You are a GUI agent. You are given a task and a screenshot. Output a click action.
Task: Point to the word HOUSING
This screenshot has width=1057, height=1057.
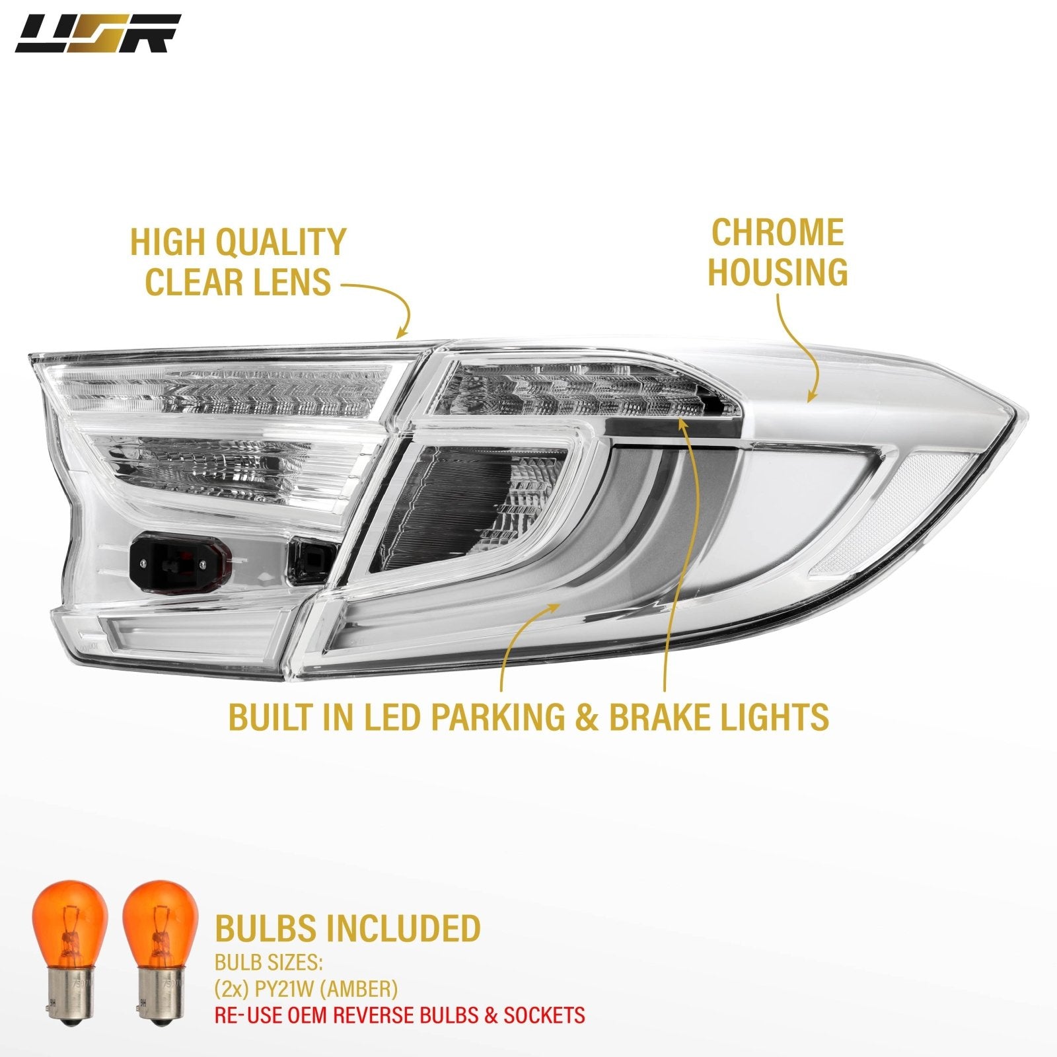(x=778, y=272)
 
